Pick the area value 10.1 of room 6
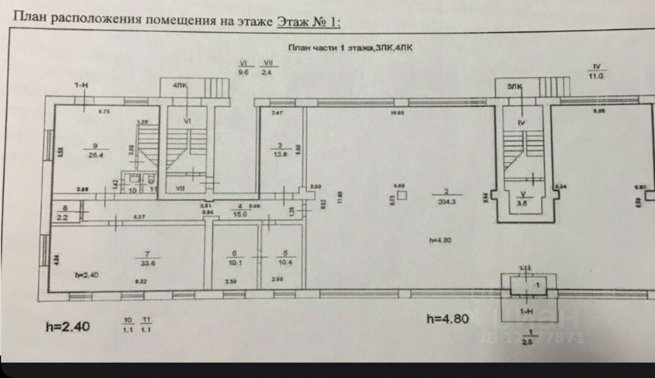click(233, 262)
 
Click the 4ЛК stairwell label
click(180, 86)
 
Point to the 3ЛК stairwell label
click(515, 87)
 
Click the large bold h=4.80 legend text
click(448, 319)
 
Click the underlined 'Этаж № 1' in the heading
click(308, 21)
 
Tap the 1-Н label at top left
click(82, 87)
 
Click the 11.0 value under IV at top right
click(597, 76)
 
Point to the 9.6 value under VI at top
click(244, 71)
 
